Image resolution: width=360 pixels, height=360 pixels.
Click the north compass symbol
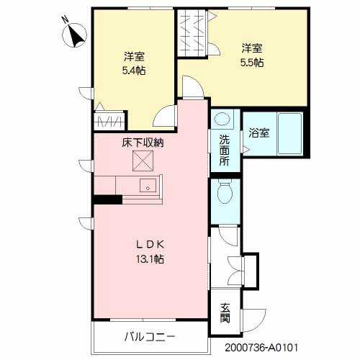coord(74,35)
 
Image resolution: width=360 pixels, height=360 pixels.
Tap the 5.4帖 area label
coord(134,71)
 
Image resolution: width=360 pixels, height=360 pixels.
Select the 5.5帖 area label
coord(252,63)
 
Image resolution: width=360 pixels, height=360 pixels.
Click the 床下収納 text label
coord(143,143)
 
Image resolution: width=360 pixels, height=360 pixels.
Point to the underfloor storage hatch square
coord(143,161)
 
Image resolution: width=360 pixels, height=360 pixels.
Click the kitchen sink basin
coord(148,185)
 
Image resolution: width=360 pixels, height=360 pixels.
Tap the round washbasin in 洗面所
coord(222,119)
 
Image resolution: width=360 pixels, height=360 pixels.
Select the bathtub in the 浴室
coord(289,133)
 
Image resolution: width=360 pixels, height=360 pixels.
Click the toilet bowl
coord(225,192)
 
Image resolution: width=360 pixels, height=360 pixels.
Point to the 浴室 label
coord(258,133)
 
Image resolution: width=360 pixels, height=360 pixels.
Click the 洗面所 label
coord(225,150)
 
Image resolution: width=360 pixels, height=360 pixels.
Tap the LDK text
coord(150,245)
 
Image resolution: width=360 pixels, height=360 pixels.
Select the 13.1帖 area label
coord(150,259)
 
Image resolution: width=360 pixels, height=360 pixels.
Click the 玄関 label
coord(225,313)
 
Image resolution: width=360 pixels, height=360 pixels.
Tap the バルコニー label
coord(150,337)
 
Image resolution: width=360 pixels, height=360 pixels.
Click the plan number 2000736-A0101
coord(261,348)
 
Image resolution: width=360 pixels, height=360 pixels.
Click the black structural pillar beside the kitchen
coord(107,199)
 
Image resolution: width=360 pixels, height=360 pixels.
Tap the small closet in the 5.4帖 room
coord(109,121)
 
